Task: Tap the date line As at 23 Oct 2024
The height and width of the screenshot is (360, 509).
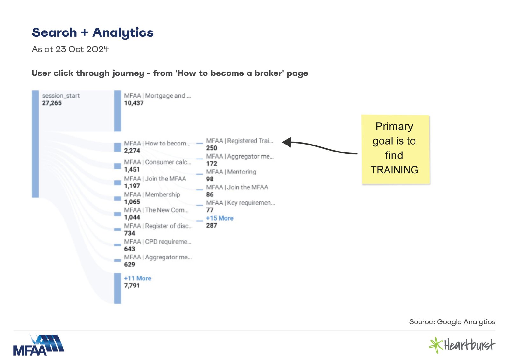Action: (70, 49)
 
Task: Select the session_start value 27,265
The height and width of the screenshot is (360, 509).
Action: (52, 103)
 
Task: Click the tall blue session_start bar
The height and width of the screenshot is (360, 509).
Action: (35, 144)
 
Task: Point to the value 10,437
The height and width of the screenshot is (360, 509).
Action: (134, 103)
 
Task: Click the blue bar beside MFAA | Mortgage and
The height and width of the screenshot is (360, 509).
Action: (117, 111)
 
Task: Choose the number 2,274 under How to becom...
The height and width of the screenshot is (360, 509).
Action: (132, 151)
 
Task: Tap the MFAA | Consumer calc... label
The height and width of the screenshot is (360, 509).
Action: (157, 162)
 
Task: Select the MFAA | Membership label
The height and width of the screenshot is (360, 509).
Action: (152, 194)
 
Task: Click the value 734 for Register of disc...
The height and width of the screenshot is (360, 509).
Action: (129, 233)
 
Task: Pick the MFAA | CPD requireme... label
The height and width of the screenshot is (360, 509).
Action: (158, 242)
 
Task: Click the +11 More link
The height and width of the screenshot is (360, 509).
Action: (138, 278)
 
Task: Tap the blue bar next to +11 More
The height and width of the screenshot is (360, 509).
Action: (117, 288)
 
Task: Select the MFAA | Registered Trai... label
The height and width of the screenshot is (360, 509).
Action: (240, 141)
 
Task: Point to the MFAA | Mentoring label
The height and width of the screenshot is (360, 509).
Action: (231, 172)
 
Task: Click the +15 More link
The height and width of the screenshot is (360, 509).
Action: (220, 218)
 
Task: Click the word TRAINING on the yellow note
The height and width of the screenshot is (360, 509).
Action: (394, 170)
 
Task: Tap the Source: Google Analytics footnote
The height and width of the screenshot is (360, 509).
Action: (452, 322)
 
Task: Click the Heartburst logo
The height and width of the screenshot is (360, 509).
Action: (462, 345)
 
